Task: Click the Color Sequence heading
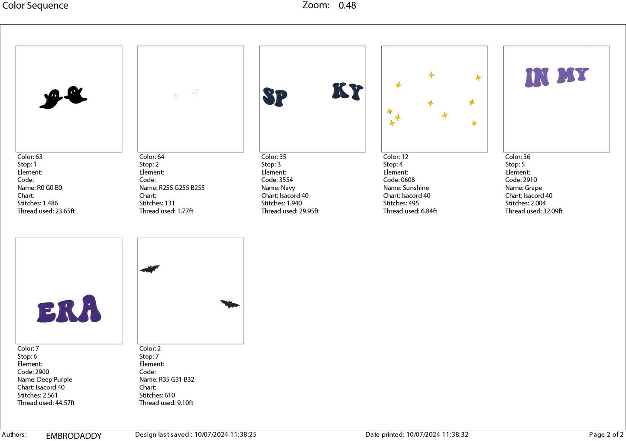pos(35,6)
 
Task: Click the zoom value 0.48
pos(347,6)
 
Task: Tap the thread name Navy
pos(288,188)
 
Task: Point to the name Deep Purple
pos(55,379)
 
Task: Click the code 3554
pos(285,180)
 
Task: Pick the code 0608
pos(408,180)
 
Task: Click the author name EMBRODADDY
pos(74,436)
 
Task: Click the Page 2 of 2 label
pos(606,435)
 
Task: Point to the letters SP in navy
pos(275,97)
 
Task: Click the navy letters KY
pos(347,91)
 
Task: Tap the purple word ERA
pos(69,309)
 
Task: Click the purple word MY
pos(573,75)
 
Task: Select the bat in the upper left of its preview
pos(150,269)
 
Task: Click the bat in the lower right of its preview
pos(230,304)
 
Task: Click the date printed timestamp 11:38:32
pos(455,435)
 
